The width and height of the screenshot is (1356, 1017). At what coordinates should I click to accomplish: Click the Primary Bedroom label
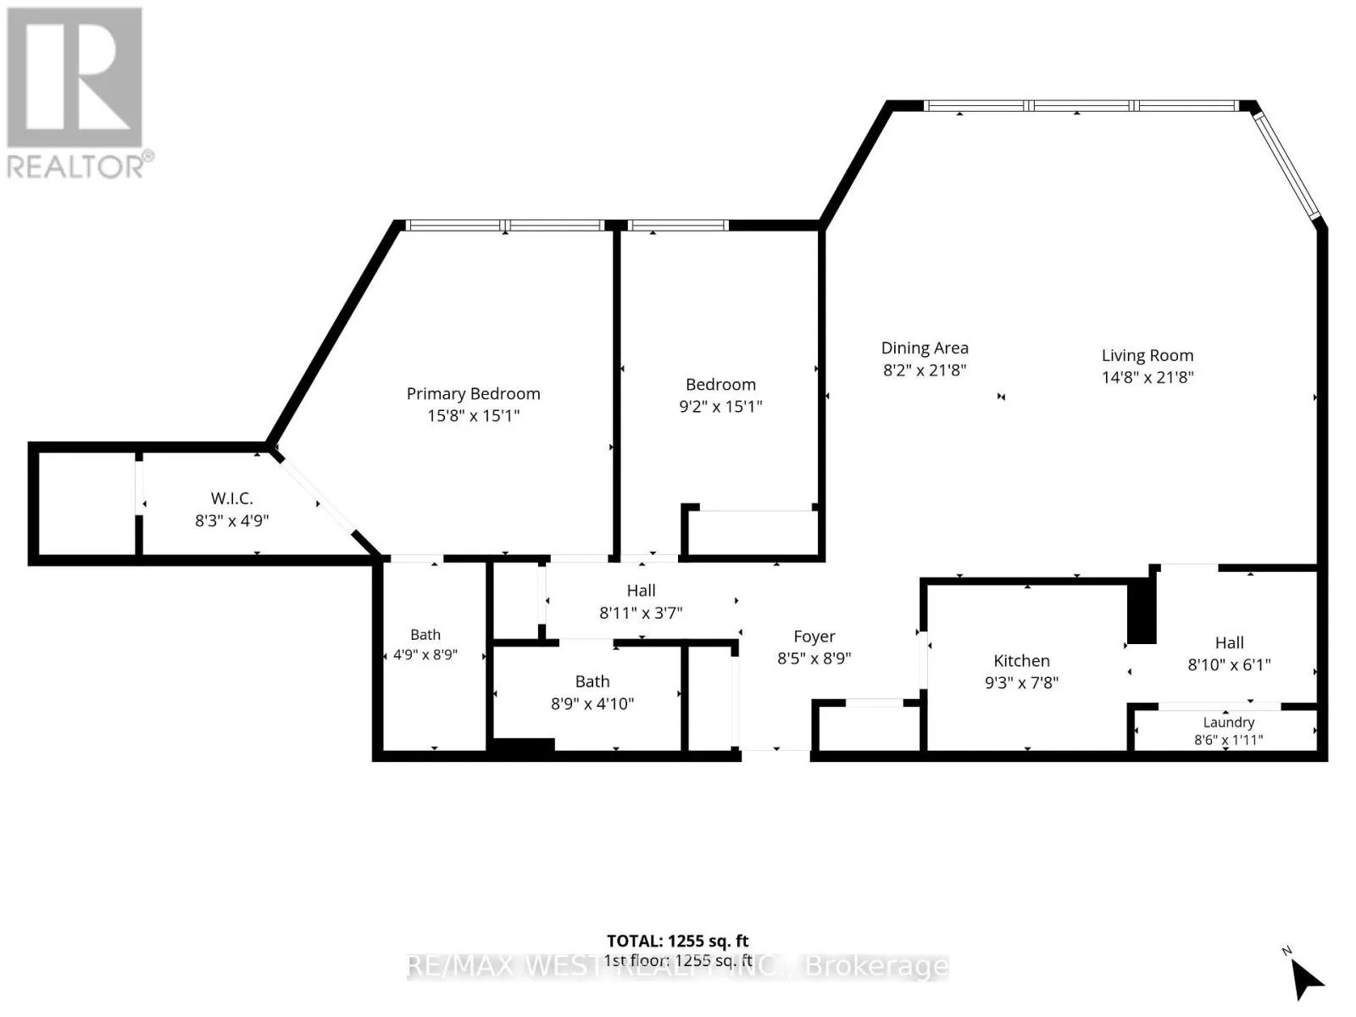(473, 395)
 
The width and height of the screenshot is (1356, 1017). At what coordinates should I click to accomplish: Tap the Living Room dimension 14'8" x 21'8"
(1148, 377)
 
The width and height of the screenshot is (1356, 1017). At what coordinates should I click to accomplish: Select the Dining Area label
(924, 348)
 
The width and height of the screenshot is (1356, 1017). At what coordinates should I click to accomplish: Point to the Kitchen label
(1021, 661)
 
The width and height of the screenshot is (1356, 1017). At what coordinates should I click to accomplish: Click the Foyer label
(814, 636)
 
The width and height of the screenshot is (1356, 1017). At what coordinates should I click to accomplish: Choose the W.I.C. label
(231, 498)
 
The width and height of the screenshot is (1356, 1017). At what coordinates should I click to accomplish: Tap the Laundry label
(1228, 722)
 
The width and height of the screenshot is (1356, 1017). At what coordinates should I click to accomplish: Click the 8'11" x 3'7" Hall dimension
(641, 613)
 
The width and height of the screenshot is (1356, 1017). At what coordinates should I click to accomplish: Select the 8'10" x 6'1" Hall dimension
(1229, 665)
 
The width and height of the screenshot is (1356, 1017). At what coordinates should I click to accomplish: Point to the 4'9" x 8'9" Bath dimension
(425, 654)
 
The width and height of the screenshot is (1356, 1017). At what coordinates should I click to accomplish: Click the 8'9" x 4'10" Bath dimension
(592, 704)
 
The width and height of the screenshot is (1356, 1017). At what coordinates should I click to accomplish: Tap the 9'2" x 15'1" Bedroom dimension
(720, 406)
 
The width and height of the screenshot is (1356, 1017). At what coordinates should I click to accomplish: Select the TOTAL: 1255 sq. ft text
(677, 941)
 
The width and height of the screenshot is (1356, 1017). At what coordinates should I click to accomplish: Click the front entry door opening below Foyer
(775, 750)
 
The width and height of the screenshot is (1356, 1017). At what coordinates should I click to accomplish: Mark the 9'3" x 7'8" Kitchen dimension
(1021, 683)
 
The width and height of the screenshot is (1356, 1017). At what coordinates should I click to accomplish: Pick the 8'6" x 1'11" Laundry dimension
(1228, 740)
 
